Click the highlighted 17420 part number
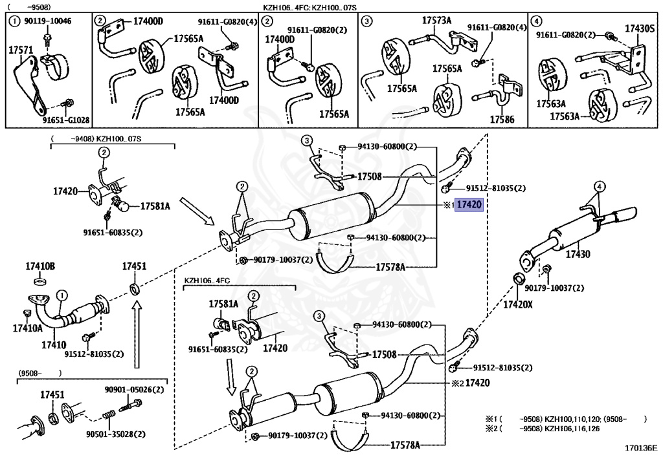point(469,205)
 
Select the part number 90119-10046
point(47,21)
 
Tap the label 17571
point(21,50)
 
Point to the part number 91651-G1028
point(66,120)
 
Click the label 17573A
point(437,20)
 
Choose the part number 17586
point(502,120)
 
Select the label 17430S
point(640,28)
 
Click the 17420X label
point(517,304)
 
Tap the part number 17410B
point(40,266)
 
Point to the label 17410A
point(27,328)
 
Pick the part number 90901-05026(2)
point(135,390)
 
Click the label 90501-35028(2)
point(116,434)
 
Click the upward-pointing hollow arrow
point(136,336)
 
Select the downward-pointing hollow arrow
point(230,377)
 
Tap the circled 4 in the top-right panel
point(536,21)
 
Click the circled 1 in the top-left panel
point(14,21)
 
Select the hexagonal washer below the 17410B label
point(39,281)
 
